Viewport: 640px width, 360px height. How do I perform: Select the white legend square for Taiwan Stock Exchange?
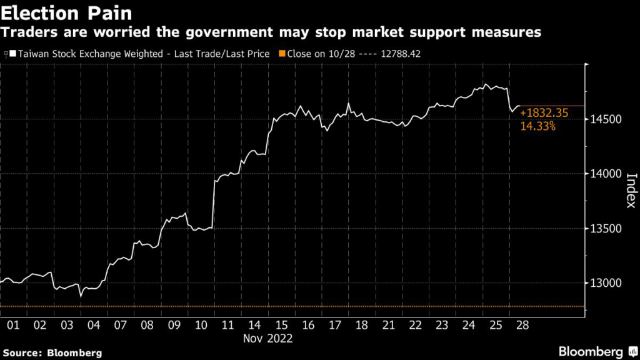(12, 54)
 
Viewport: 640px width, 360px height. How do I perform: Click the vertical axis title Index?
(631, 192)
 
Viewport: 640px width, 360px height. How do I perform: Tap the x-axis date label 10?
(201, 326)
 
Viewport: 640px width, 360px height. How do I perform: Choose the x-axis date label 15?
(281, 326)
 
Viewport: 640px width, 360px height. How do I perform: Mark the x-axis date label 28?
(523, 326)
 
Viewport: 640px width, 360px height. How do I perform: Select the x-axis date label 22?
(416, 326)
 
